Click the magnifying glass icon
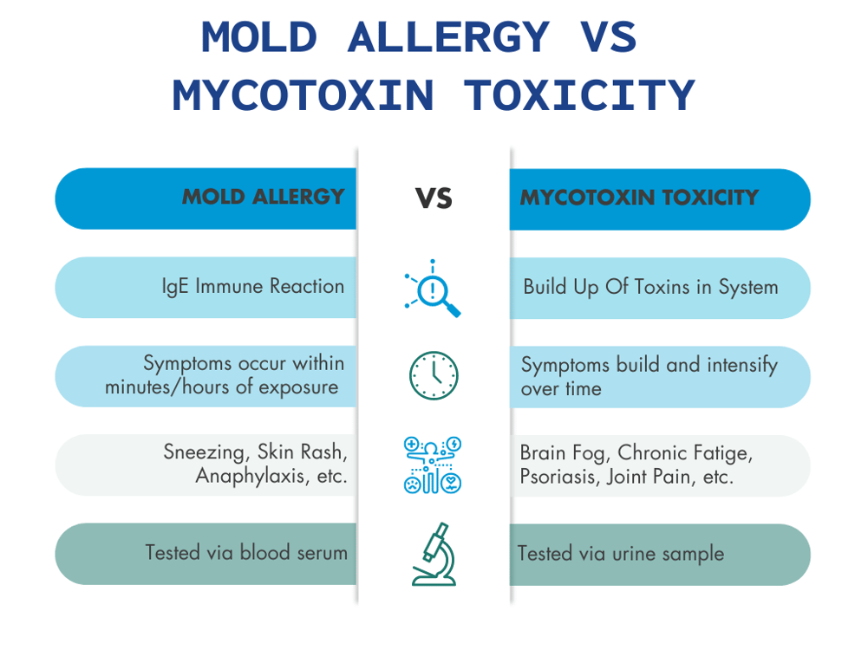433,289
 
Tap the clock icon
434,376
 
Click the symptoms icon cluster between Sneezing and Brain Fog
433,465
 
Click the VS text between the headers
434,199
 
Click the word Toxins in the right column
665,287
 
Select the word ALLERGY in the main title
448,37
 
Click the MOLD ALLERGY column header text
263,198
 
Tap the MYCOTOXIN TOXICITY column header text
639,198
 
